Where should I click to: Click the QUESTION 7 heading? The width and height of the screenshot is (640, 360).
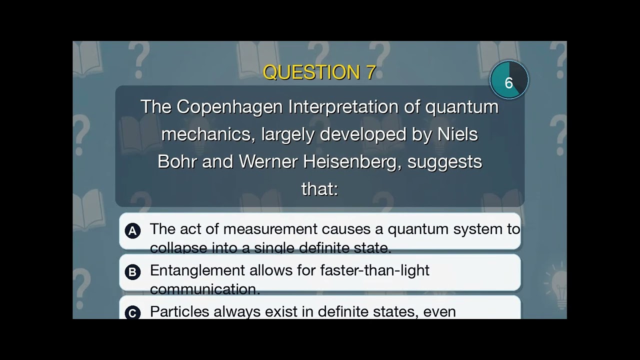pyautogui.click(x=319, y=72)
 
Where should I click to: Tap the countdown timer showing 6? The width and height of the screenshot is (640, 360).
pyautogui.click(x=509, y=80)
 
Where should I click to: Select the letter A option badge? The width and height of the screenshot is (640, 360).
pyautogui.click(x=132, y=230)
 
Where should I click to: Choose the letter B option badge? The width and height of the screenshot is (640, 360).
pyautogui.click(x=132, y=272)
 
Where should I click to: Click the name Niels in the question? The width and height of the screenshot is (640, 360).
pyautogui.click(x=458, y=134)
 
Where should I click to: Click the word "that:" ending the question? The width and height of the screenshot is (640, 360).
pyautogui.click(x=319, y=189)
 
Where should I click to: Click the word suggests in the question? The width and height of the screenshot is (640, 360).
pyautogui.click(x=444, y=162)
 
